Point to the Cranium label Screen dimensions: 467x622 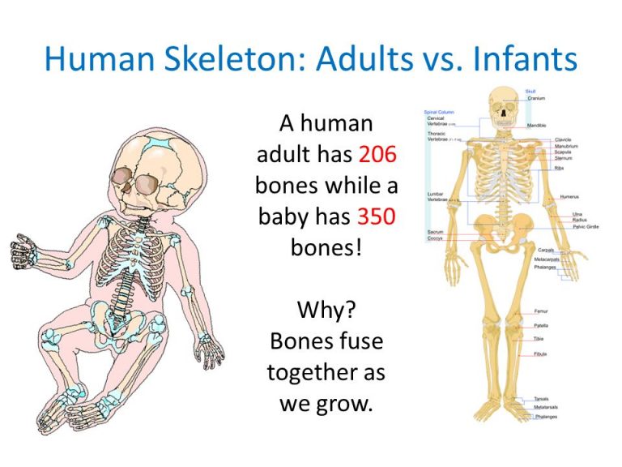(536, 98)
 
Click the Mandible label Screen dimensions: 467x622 (537, 126)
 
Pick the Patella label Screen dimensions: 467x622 (541, 325)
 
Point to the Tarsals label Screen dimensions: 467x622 (541, 399)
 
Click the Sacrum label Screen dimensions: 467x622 (435, 232)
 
